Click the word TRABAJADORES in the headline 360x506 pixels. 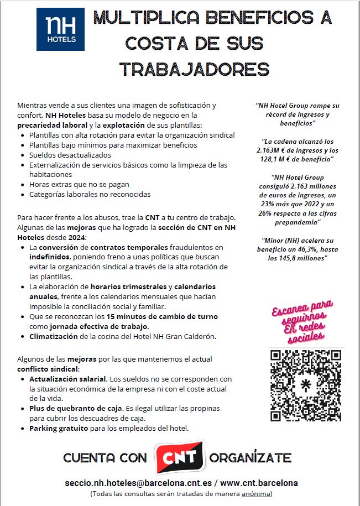pos(194,69)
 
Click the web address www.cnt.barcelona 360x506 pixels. pos(259,482)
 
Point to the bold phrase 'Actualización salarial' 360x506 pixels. pos(68,379)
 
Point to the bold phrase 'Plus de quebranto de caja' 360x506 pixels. pos(76,408)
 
